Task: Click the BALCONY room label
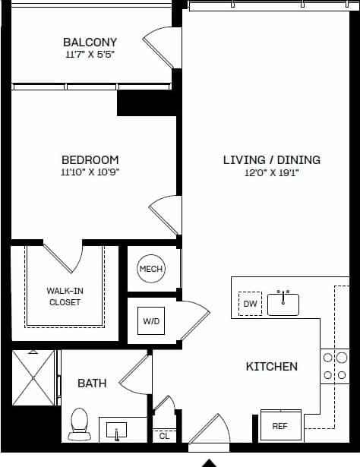[x=90, y=42]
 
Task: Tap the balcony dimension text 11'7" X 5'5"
[x=90, y=55]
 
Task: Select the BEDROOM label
[x=90, y=159]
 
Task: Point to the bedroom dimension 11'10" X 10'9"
[x=90, y=172]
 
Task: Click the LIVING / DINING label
[x=271, y=159]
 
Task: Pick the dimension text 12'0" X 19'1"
[x=271, y=172]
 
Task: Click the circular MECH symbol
[x=150, y=269]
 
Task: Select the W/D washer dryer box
[x=151, y=321]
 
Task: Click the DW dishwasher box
[x=249, y=304]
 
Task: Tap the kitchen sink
[x=285, y=303]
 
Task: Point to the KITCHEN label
[x=271, y=366]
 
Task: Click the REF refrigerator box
[x=280, y=426]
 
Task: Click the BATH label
[x=92, y=383]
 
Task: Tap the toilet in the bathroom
[x=79, y=424]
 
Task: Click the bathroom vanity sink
[x=117, y=431]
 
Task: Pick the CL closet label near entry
[x=164, y=436]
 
